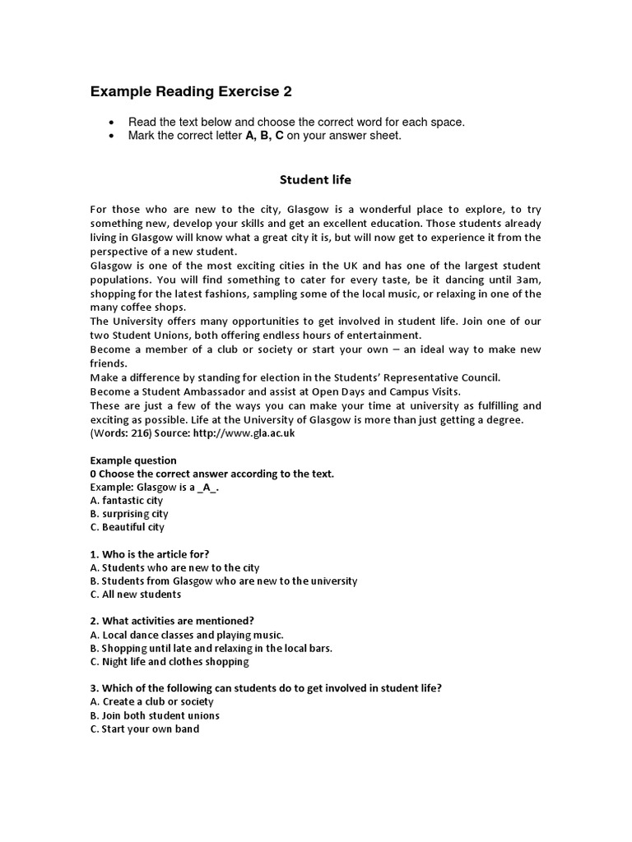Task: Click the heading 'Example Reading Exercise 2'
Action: click(191, 91)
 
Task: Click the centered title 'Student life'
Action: click(315, 178)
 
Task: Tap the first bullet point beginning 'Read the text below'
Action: click(296, 122)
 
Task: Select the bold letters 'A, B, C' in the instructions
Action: click(263, 136)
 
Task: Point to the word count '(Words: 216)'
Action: click(122, 433)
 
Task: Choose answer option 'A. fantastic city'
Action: click(127, 500)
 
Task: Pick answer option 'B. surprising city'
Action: click(129, 514)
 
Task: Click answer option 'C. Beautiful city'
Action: click(128, 527)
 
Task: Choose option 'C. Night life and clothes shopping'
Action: click(170, 661)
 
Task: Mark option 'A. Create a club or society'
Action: click(151, 701)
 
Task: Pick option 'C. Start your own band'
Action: click(144, 729)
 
